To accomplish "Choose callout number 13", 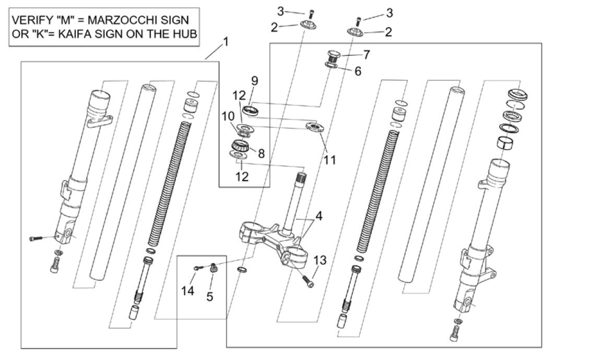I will (319, 259).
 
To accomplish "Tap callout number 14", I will (188, 291).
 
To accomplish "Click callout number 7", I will (366, 53).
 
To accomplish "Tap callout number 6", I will (358, 71).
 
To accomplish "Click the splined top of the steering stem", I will (301, 179).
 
